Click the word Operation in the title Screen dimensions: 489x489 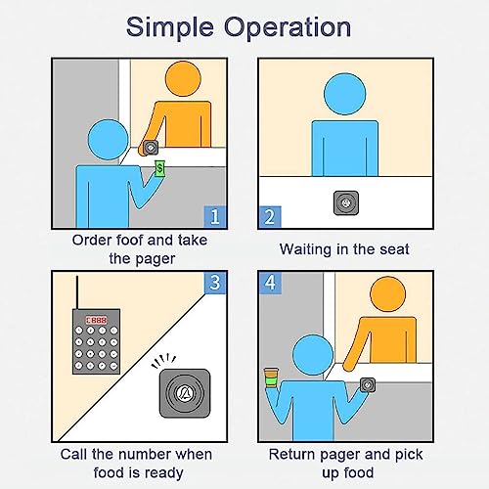point(288,28)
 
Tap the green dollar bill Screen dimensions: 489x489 point(159,168)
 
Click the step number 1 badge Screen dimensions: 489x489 point(215,216)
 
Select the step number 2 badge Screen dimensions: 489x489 point(270,216)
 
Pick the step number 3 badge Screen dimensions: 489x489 point(215,283)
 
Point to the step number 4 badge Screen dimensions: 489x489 point(270,283)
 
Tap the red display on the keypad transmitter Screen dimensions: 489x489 point(96,320)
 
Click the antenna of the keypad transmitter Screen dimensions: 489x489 point(77,292)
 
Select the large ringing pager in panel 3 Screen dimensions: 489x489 point(185,393)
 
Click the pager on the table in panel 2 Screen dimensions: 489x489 point(346,202)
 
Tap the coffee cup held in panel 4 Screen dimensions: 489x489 point(271,378)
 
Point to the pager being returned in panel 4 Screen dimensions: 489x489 point(368,385)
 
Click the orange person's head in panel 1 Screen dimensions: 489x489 point(183,79)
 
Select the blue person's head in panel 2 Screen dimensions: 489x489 point(344,94)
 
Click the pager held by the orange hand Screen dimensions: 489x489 point(151,148)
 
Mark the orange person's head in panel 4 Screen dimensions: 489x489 point(388,294)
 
